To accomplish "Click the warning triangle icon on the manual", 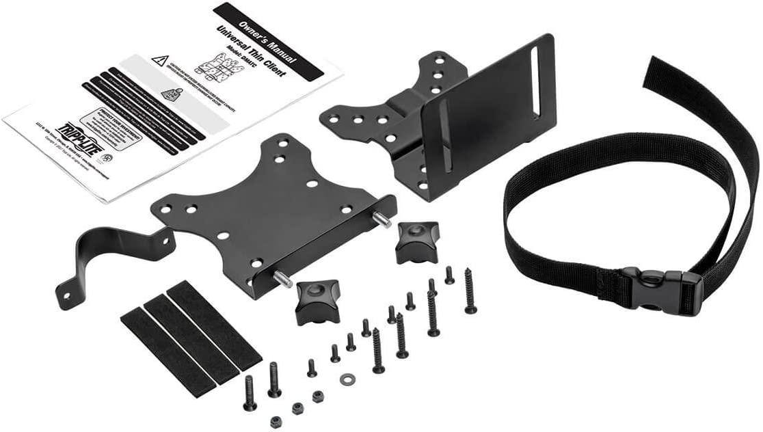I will coord(160,60).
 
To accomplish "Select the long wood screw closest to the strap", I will coord(470,290).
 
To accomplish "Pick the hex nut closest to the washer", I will coord(318,396).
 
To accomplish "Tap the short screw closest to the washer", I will coord(335,353).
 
